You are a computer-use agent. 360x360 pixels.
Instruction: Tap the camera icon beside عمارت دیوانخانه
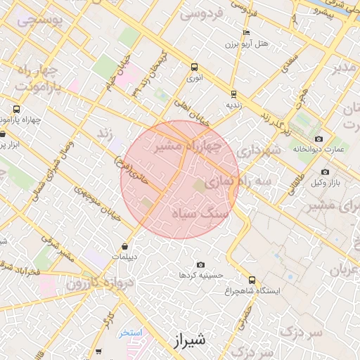(x=319, y=139)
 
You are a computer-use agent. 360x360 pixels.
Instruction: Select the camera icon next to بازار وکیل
(x=325, y=172)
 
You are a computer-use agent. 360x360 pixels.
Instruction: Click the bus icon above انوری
(x=194, y=67)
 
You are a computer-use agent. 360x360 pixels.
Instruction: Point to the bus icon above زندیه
(x=233, y=94)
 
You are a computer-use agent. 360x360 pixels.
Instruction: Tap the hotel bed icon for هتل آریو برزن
(x=245, y=33)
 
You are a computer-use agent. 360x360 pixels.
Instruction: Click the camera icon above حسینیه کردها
(x=201, y=264)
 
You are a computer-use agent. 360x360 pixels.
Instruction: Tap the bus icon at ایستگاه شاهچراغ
(x=252, y=280)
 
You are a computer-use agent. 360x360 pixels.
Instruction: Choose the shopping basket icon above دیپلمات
(x=125, y=247)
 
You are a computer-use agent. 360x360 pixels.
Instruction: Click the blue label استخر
(x=131, y=333)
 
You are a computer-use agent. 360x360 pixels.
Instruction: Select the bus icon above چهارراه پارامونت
(x=16, y=109)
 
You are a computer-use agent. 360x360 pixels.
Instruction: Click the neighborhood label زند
(x=105, y=134)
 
